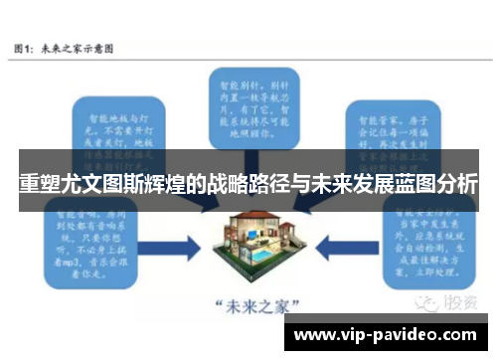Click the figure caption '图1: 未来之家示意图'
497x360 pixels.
click(63, 47)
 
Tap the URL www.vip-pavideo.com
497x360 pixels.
click(387, 334)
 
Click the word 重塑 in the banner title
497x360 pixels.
click(39, 185)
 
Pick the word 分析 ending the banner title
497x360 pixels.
click(456, 185)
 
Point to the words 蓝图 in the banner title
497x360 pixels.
click(411, 185)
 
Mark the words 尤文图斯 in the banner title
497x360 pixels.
click(107, 185)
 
